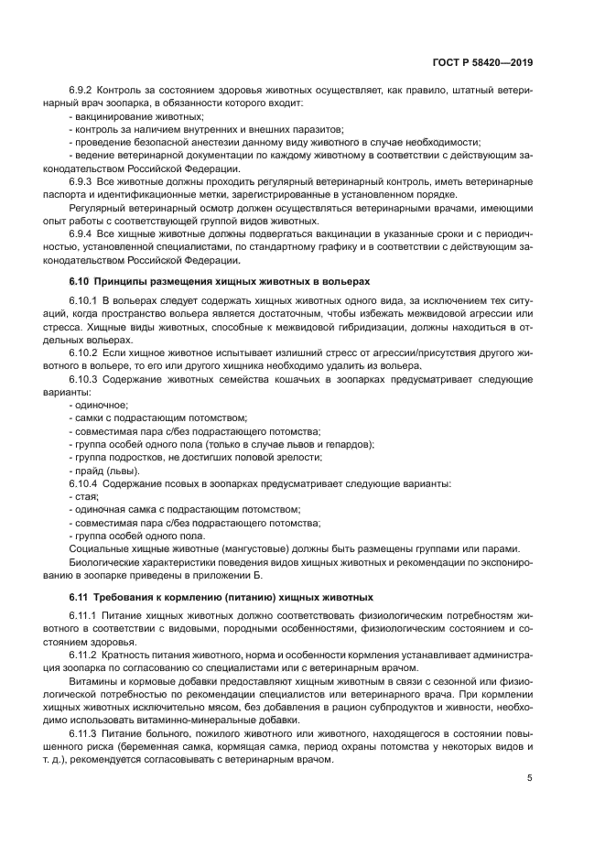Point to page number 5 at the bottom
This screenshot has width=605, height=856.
[x=530, y=778]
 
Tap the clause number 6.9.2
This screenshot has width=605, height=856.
[x=82, y=92]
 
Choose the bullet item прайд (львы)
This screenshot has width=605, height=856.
[x=105, y=470]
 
